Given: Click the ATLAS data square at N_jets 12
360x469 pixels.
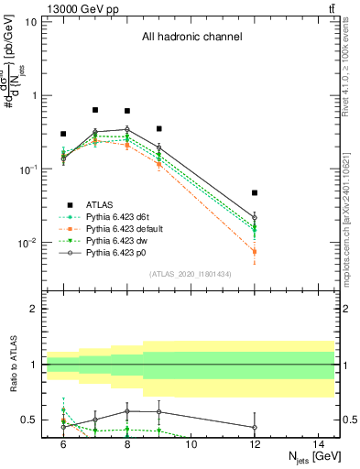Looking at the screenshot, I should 255,193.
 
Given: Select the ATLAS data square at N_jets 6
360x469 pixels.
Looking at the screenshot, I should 63,134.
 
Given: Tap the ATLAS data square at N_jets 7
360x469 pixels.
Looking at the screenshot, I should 95,110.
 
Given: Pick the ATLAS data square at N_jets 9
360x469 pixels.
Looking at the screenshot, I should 158,129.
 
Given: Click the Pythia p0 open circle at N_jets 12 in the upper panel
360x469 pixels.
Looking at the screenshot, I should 255,217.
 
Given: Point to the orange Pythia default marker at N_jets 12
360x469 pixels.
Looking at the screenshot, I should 255,251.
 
